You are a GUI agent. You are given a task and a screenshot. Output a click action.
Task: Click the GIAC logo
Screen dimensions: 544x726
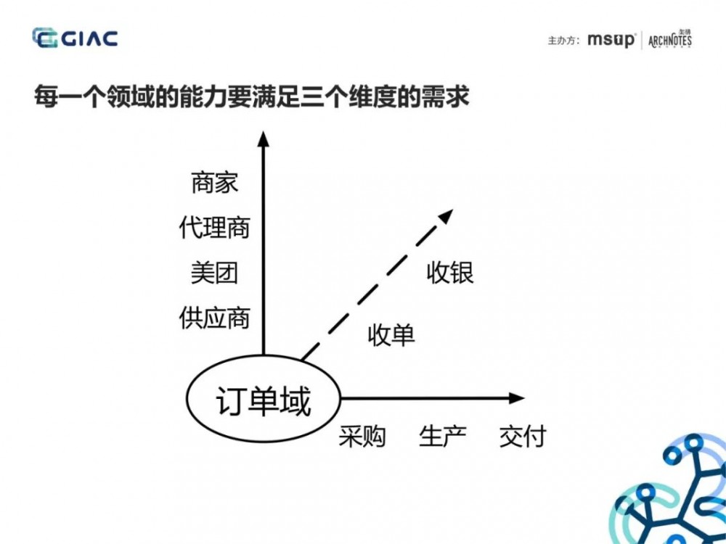coord(75,38)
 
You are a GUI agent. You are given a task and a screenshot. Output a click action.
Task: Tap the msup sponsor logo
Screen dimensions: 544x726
coord(611,40)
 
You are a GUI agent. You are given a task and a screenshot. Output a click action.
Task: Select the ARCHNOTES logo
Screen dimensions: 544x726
coord(669,39)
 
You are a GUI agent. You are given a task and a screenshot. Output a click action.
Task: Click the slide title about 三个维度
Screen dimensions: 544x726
coord(251,97)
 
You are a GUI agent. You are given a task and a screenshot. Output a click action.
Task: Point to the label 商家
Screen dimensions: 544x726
coord(215,183)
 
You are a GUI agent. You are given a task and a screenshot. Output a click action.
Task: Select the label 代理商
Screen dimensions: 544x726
coord(215,228)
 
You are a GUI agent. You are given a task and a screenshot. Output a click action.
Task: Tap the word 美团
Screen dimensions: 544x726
coord(215,273)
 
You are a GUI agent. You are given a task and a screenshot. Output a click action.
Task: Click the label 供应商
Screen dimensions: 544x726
coord(215,318)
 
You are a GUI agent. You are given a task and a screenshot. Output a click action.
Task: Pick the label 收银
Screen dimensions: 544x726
coord(450,273)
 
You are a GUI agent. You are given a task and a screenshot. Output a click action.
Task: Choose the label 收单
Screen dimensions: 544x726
coord(391,335)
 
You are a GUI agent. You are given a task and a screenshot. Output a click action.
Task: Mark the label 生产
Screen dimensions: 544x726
coord(442,437)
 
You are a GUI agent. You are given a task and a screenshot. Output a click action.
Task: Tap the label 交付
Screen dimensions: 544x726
coord(522,437)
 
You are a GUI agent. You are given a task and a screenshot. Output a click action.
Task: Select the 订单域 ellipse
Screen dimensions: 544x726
coord(264,401)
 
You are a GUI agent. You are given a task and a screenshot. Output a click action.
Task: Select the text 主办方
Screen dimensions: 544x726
coord(563,41)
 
